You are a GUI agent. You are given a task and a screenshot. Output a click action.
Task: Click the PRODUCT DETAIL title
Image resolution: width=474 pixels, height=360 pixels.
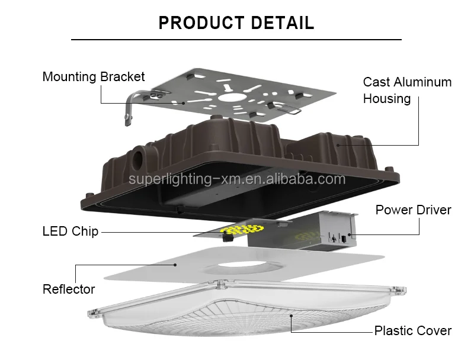[x=236, y=23]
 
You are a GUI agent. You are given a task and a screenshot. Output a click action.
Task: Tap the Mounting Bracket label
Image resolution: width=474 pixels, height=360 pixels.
[x=94, y=77]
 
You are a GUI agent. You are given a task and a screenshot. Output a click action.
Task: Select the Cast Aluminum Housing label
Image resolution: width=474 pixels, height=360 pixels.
[x=407, y=90]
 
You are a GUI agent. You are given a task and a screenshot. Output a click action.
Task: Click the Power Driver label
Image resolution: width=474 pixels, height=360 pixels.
[x=413, y=210]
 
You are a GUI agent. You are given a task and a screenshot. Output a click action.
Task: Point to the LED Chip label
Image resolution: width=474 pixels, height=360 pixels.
[x=71, y=232]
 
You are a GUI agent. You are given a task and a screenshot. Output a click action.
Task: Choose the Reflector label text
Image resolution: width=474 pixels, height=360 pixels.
[x=69, y=290]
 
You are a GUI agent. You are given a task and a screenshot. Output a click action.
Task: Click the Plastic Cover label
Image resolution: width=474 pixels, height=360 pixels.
[x=412, y=331]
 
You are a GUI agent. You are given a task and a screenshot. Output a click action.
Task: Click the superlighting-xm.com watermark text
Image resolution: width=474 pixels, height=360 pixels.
[x=237, y=179]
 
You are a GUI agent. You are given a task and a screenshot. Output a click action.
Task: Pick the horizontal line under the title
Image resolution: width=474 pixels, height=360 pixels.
[x=236, y=40]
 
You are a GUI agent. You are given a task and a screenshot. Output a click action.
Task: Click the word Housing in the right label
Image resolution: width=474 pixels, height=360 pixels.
[x=387, y=99]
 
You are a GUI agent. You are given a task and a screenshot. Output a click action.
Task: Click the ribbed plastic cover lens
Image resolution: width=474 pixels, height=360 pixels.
[x=237, y=320]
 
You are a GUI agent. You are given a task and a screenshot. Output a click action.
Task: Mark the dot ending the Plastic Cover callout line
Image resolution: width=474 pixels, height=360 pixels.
[x=291, y=317]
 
